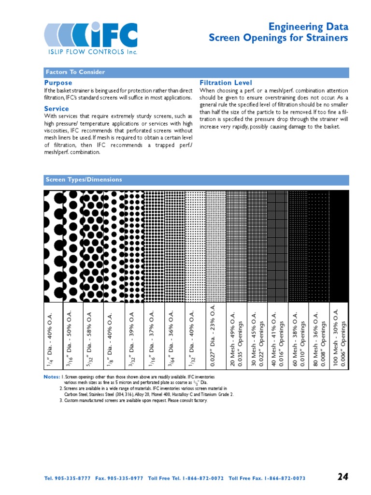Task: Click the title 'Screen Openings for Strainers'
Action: pyautogui.click(x=278, y=38)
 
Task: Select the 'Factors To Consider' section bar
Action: pyautogui.click(x=75, y=73)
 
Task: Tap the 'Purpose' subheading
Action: pyautogui.click(x=58, y=83)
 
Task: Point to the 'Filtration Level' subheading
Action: pyautogui.click(x=226, y=83)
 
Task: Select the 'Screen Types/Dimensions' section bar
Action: pyautogui.click(x=84, y=180)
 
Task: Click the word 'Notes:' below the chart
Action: pyautogui.click(x=51, y=377)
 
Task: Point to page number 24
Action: pyautogui.click(x=342, y=477)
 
